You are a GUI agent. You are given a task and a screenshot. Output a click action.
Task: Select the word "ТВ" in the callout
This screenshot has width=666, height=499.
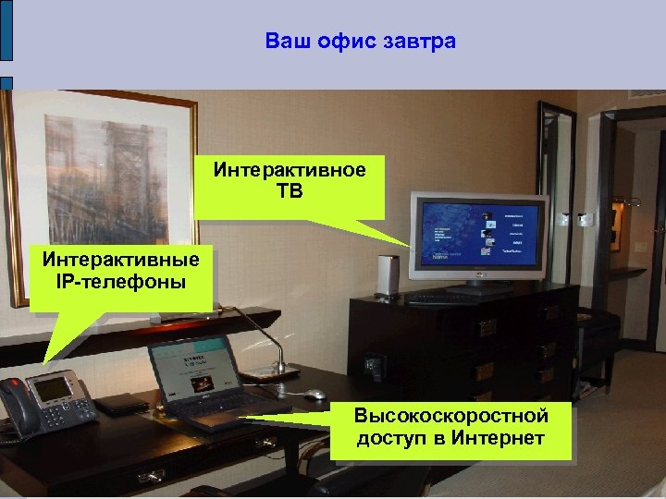pos(290,190)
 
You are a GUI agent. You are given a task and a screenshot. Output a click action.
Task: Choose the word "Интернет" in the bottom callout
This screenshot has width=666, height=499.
pos(499,437)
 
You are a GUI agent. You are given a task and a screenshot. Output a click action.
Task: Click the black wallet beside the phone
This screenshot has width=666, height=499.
pos(121,404)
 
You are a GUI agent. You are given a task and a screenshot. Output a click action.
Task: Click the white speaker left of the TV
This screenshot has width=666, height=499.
pos(388,275)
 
